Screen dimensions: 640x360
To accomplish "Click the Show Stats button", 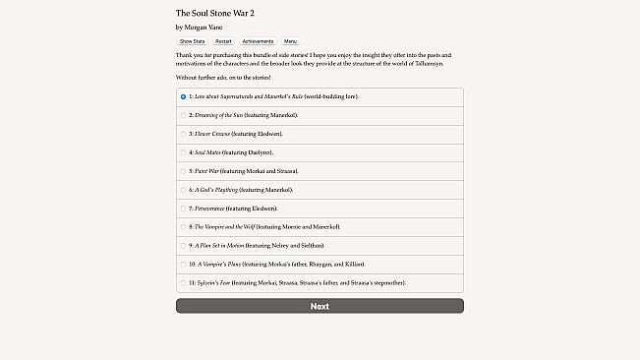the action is point(192,41).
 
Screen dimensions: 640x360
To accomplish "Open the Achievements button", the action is point(258,41).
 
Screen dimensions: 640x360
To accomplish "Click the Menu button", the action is point(291,41).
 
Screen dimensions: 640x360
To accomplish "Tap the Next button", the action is point(320,306).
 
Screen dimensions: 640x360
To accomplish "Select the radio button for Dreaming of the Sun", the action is point(183,115).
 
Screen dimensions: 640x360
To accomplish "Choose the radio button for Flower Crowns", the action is point(183,134).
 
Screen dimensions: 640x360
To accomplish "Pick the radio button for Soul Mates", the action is point(183,152).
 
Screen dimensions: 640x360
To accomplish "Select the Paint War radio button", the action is point(183,171).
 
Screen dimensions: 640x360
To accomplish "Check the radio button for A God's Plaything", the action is point(183,190).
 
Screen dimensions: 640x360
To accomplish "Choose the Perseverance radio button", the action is point(183,209).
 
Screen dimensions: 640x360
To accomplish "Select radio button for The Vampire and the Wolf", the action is point(183,227).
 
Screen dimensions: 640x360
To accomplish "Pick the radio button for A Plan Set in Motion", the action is point(183,245).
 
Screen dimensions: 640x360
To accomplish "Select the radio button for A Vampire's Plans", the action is point(183,264).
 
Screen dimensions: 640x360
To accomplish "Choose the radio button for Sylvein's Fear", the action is point(183,282).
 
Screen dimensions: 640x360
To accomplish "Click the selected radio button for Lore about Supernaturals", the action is point(183,96).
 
